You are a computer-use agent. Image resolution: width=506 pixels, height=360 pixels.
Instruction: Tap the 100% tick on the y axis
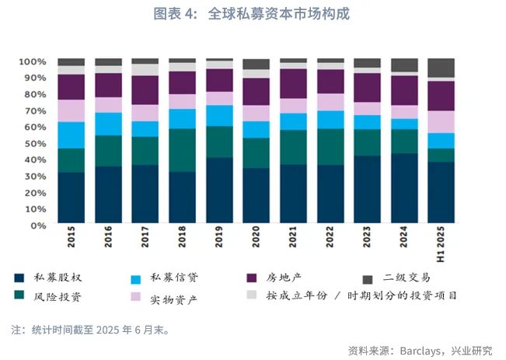pyautogui.click(x=33, y=61)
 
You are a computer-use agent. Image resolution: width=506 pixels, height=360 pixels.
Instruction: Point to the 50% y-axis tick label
pyautogui.click(x=35, y=144)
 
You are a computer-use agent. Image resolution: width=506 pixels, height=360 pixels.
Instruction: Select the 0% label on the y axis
pyautogui.click(x=38, y=225)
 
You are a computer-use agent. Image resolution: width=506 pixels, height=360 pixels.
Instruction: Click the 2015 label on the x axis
pyautogui.click(x=72, y=237)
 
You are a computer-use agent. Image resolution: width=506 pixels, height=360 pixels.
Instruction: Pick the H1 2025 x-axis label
pyautogui.click(x=441, y=240)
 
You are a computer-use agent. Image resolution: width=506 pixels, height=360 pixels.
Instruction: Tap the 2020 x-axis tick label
pyautogui.click(x=256, y=237)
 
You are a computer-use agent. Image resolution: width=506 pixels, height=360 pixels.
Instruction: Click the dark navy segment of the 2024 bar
pyautogui.click(x=404, y=188)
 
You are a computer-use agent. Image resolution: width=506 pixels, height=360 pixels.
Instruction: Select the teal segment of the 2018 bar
pyautogui.click(x=183, y=149)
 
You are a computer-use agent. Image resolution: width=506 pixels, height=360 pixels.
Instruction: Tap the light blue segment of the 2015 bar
pyautogui.click(x=72, y=135)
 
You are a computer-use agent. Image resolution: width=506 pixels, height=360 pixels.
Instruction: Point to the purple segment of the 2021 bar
pyautogui.click(x=294, y=83)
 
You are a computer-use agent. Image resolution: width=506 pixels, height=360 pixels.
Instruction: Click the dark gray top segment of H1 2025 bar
pyautogui.click(x=441, y=68)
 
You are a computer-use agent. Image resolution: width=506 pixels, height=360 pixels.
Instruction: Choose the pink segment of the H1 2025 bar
pyautogui.click(x=441, y=121)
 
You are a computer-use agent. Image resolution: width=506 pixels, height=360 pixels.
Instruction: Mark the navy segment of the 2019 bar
pyautogui.click(x=219, y=190)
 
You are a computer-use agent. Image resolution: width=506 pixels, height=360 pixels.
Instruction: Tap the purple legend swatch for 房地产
pyautogui.click(x=252, y=277)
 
